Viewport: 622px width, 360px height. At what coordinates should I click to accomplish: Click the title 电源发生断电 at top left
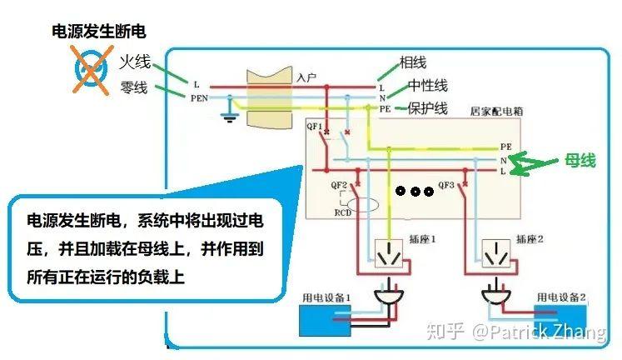pos(99,32)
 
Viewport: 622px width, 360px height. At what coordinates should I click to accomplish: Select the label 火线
pos(134,62)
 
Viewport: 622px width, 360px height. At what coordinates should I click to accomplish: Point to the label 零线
pos(132,87)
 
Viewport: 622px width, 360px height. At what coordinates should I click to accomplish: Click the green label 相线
pos(413,62)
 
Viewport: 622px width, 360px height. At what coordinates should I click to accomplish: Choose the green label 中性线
pos(428,86)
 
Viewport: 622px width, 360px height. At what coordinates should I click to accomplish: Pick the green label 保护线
pos(428,108)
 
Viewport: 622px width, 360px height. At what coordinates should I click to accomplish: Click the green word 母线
pos(580,160)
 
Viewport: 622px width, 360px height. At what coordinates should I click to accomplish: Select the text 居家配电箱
pos(497,110)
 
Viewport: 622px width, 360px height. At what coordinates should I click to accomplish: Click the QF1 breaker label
pos(315,127)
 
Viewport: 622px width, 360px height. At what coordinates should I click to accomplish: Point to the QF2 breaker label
pos(339,184)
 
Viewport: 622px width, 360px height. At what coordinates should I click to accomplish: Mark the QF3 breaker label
pos(446,184)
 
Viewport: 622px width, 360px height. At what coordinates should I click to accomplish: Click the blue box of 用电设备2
pos(560,320)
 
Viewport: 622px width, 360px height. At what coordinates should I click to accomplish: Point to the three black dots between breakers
pos(413,191)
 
